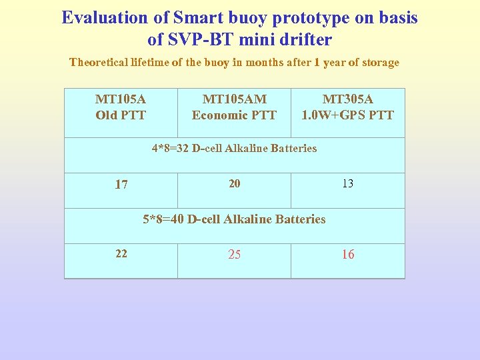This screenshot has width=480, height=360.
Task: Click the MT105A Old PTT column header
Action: click(x=121, y=107)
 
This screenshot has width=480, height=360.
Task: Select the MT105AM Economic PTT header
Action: click(x=234, y=107)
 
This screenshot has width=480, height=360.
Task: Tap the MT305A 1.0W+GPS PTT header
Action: click(x=347, y=107)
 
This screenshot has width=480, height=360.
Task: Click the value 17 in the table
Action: click(x=121, y=185)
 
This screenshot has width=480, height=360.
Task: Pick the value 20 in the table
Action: click(x=235, y=183)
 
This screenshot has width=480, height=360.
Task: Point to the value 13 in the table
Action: click(x=348, y=183)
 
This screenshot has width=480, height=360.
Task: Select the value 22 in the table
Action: click(x=121, y=253)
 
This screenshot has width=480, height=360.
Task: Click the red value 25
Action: click(x=235, y=255)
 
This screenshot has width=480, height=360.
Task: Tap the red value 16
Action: click(x=348, y=255)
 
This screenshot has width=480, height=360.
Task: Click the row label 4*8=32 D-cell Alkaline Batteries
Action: click(x=234, y=148)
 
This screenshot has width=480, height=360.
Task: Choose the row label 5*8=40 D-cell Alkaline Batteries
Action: click(x=234, y=219)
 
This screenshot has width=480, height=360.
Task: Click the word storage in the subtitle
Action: click(x=378, y=63)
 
